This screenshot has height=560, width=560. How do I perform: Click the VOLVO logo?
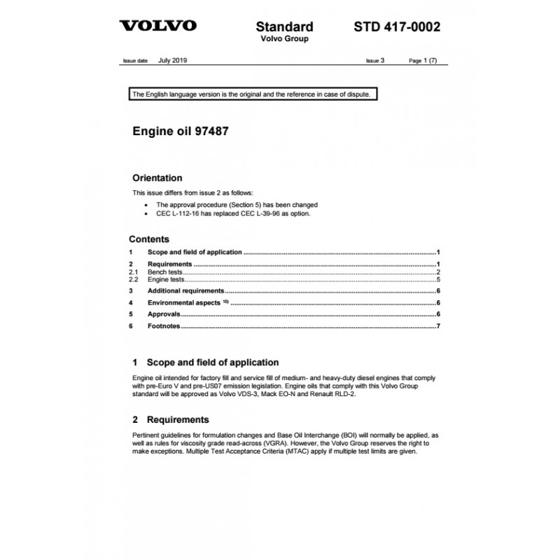pyautogui.click(x=157, y=27)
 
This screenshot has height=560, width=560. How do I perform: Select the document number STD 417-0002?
pyautogui.click(x=397, y=27)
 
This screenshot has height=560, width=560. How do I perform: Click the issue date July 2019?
pyautogui.click(x=173, y=61)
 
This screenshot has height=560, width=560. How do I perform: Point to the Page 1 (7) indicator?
pyautogui.click(x=423, y=61)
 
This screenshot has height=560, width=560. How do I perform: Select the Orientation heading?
pyautogui.click(x=157, y=178)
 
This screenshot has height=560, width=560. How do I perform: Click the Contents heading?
pyautogui.click(x=148, y=239)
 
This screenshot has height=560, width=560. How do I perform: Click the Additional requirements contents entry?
pyautogui.click(x=185, y=290)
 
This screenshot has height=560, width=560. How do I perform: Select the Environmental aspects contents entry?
pyautogui.click(x=185, y=302)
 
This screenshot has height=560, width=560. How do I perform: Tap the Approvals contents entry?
pyautogui.click(x=164, y=314)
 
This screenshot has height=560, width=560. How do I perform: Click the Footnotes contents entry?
pyautogui.click(x=164, y=326)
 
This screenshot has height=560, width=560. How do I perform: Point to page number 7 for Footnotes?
pyautogui.click(x=437, y=326)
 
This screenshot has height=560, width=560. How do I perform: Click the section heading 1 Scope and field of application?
pyautogui.click(x=205, y=363)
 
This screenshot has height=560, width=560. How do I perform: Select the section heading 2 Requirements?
pyautogui.click(x=170, y=420)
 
